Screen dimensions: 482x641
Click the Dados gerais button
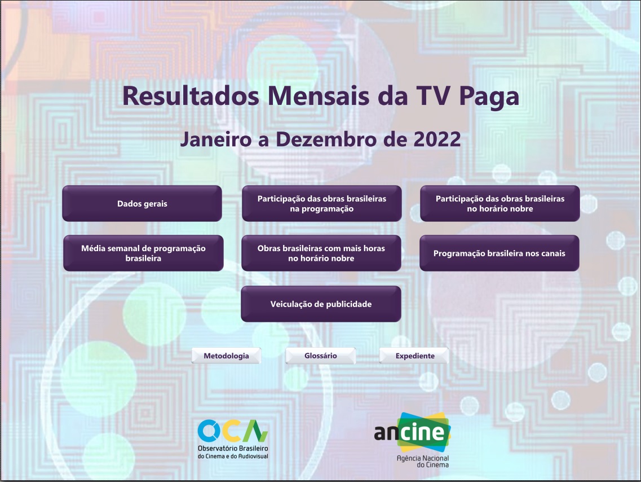tap(142, 204)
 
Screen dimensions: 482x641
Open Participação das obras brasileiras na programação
tap(321, 204)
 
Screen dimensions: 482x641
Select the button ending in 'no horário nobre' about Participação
tap(499, 204)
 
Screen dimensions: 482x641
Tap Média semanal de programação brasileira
tap(143, 253)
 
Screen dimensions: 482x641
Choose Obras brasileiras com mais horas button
tap(321, 253)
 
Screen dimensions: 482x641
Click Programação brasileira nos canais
tap(499, 253)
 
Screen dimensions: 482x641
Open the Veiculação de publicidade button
tap(321, 304)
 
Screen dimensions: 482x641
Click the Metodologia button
tap(226, 356)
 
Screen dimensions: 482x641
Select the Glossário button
tap(320, 356)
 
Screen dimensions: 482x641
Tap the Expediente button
tap(414, 356)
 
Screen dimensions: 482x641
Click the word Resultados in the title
tap(191, 96)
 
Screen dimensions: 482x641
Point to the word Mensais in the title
tap(312, 96)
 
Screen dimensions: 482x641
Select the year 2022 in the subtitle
tap(437, 139)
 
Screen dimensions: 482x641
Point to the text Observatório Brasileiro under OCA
tap(233, 448)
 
